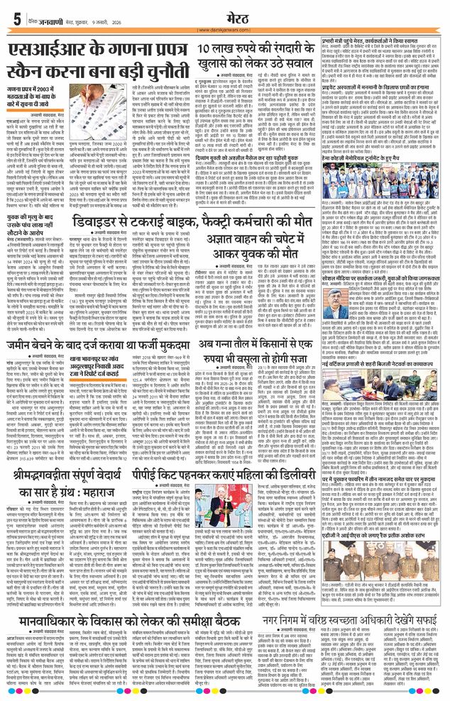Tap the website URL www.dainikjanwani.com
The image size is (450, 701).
pos(225,30)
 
